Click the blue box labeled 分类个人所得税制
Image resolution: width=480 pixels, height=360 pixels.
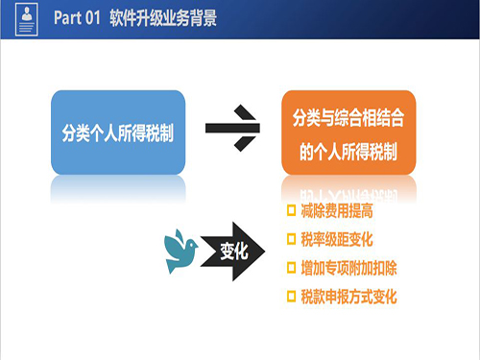point(118,132)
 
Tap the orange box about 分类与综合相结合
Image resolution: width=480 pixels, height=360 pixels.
point(348,132)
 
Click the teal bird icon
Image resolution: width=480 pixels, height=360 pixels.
point(181,249)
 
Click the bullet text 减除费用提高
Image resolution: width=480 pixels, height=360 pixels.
point(336,210)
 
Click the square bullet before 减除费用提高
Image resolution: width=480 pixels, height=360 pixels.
point(292,210)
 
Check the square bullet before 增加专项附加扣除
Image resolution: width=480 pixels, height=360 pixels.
point(292,268)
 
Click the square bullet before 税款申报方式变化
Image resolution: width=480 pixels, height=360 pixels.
point(292,297)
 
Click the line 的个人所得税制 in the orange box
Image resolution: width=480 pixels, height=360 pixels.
point(348,151)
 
